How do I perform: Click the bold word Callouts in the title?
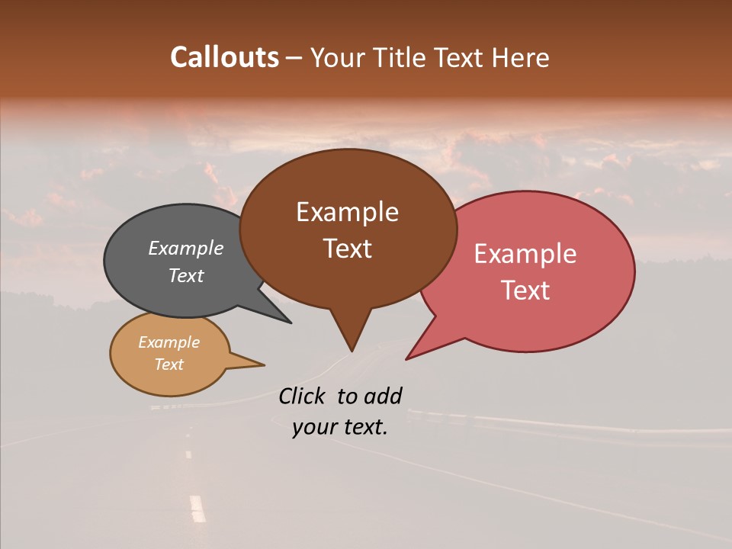click(x=224, y=57)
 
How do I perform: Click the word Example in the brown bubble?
click(x=347, y=212)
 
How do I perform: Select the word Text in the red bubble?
click(x=526, y=291)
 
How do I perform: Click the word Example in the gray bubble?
click(x=186, y=248)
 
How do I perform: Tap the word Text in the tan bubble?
click(x=169, y=364)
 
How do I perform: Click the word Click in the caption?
click(x=303, y=396)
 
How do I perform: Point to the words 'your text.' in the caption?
click(x=340, y=427)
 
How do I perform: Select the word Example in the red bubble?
click(x=525, y=254)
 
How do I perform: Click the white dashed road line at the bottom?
click(x=197, y=508)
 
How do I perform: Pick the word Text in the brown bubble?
click(x=348, y=249)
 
